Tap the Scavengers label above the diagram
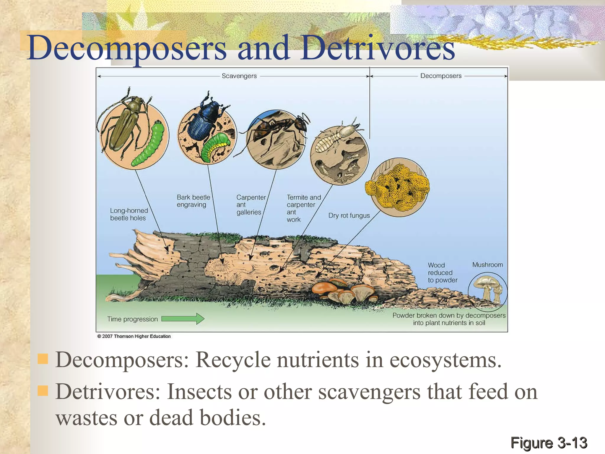click(x=239, y=76)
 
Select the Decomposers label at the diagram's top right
click(x=440, y=76)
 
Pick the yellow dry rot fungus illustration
click(x=397, y=186)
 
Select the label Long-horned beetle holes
click(x=129, y=214)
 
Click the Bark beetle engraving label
click(x=193, y=201)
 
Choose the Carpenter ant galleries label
click(x=251, y=205)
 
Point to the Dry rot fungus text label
click(x=349, y=215)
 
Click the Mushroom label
click(x=487, y=265)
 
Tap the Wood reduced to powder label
click(x=442, y=273)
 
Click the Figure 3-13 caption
click(x=549, y=443)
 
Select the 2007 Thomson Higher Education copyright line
click(x=134, y=336)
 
